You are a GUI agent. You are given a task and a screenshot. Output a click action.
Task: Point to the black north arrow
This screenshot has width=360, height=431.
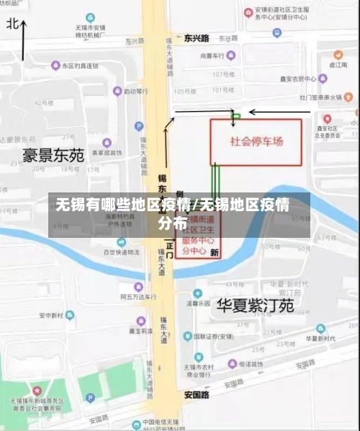(x=24, y=40)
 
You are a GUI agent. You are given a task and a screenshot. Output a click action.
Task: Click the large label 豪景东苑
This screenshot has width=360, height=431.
(x=54, y=155)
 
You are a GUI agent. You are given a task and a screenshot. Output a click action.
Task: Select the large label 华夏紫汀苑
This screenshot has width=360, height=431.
(x=255, y=306)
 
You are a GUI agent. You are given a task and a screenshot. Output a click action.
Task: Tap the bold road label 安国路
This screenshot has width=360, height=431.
(x=196, y=395)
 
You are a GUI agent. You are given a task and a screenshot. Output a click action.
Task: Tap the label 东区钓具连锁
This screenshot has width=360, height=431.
(x=79, y=66)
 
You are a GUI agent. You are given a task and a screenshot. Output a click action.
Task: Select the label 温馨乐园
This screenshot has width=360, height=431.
(x=197, y=303)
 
